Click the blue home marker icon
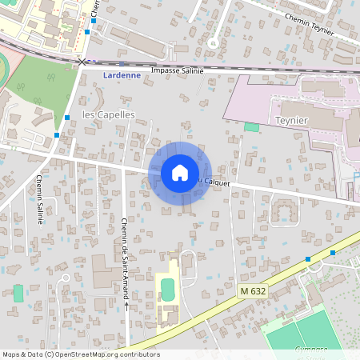179,173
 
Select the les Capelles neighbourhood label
109,114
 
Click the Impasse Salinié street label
178,70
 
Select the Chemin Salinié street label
38,199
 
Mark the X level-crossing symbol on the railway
81,62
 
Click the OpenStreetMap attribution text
81,354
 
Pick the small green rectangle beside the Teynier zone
251,127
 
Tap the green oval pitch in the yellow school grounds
168,288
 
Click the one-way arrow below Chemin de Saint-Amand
126,306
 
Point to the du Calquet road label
214,182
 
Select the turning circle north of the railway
212,42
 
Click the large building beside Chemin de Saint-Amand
102,272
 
